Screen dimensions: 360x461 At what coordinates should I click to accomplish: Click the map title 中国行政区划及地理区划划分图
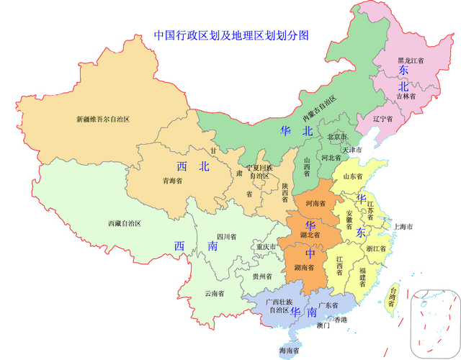click(x=231, y=35)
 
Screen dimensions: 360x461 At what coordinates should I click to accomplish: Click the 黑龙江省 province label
click(x=411, y=61)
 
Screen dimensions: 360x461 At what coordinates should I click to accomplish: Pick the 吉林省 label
click(x=406, y=95)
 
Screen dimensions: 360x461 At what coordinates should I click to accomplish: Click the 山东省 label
click(x=354, y=176)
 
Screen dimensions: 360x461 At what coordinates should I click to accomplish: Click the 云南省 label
click(x=214, y=293)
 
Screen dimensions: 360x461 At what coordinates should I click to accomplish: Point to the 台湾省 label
click(x=392, y=296)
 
